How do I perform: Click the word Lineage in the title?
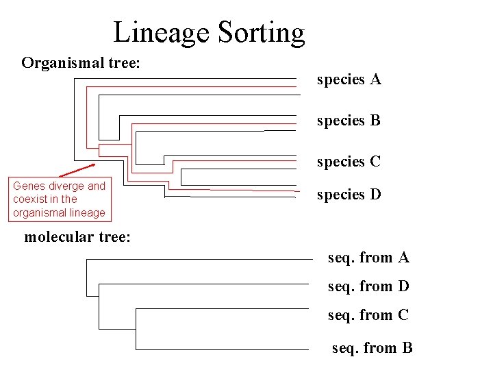click(x=162, y=32)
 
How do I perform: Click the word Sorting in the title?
click(x=261, y=32)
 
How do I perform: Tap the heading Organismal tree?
click(x=81, y=63)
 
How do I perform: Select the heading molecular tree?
click(x=77, y=237)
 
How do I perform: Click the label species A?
click(x=349, y=79)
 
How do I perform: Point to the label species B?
click(x=349, y=121)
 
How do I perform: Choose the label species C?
click(x=349, y=162)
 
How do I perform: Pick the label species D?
click(x=349, y=195)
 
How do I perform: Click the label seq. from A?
click(x=368, y=258)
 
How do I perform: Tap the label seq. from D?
click(x=368, y=286)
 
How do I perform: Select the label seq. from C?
click(x=368, y=315)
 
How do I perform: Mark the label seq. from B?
click(x=372, y=348)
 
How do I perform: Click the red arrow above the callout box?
click(x=77, y=171)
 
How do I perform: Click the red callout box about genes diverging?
click(x=59, y=199)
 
